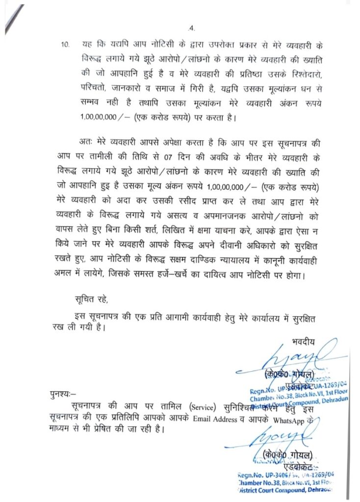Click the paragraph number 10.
click(x=65, y=45)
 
